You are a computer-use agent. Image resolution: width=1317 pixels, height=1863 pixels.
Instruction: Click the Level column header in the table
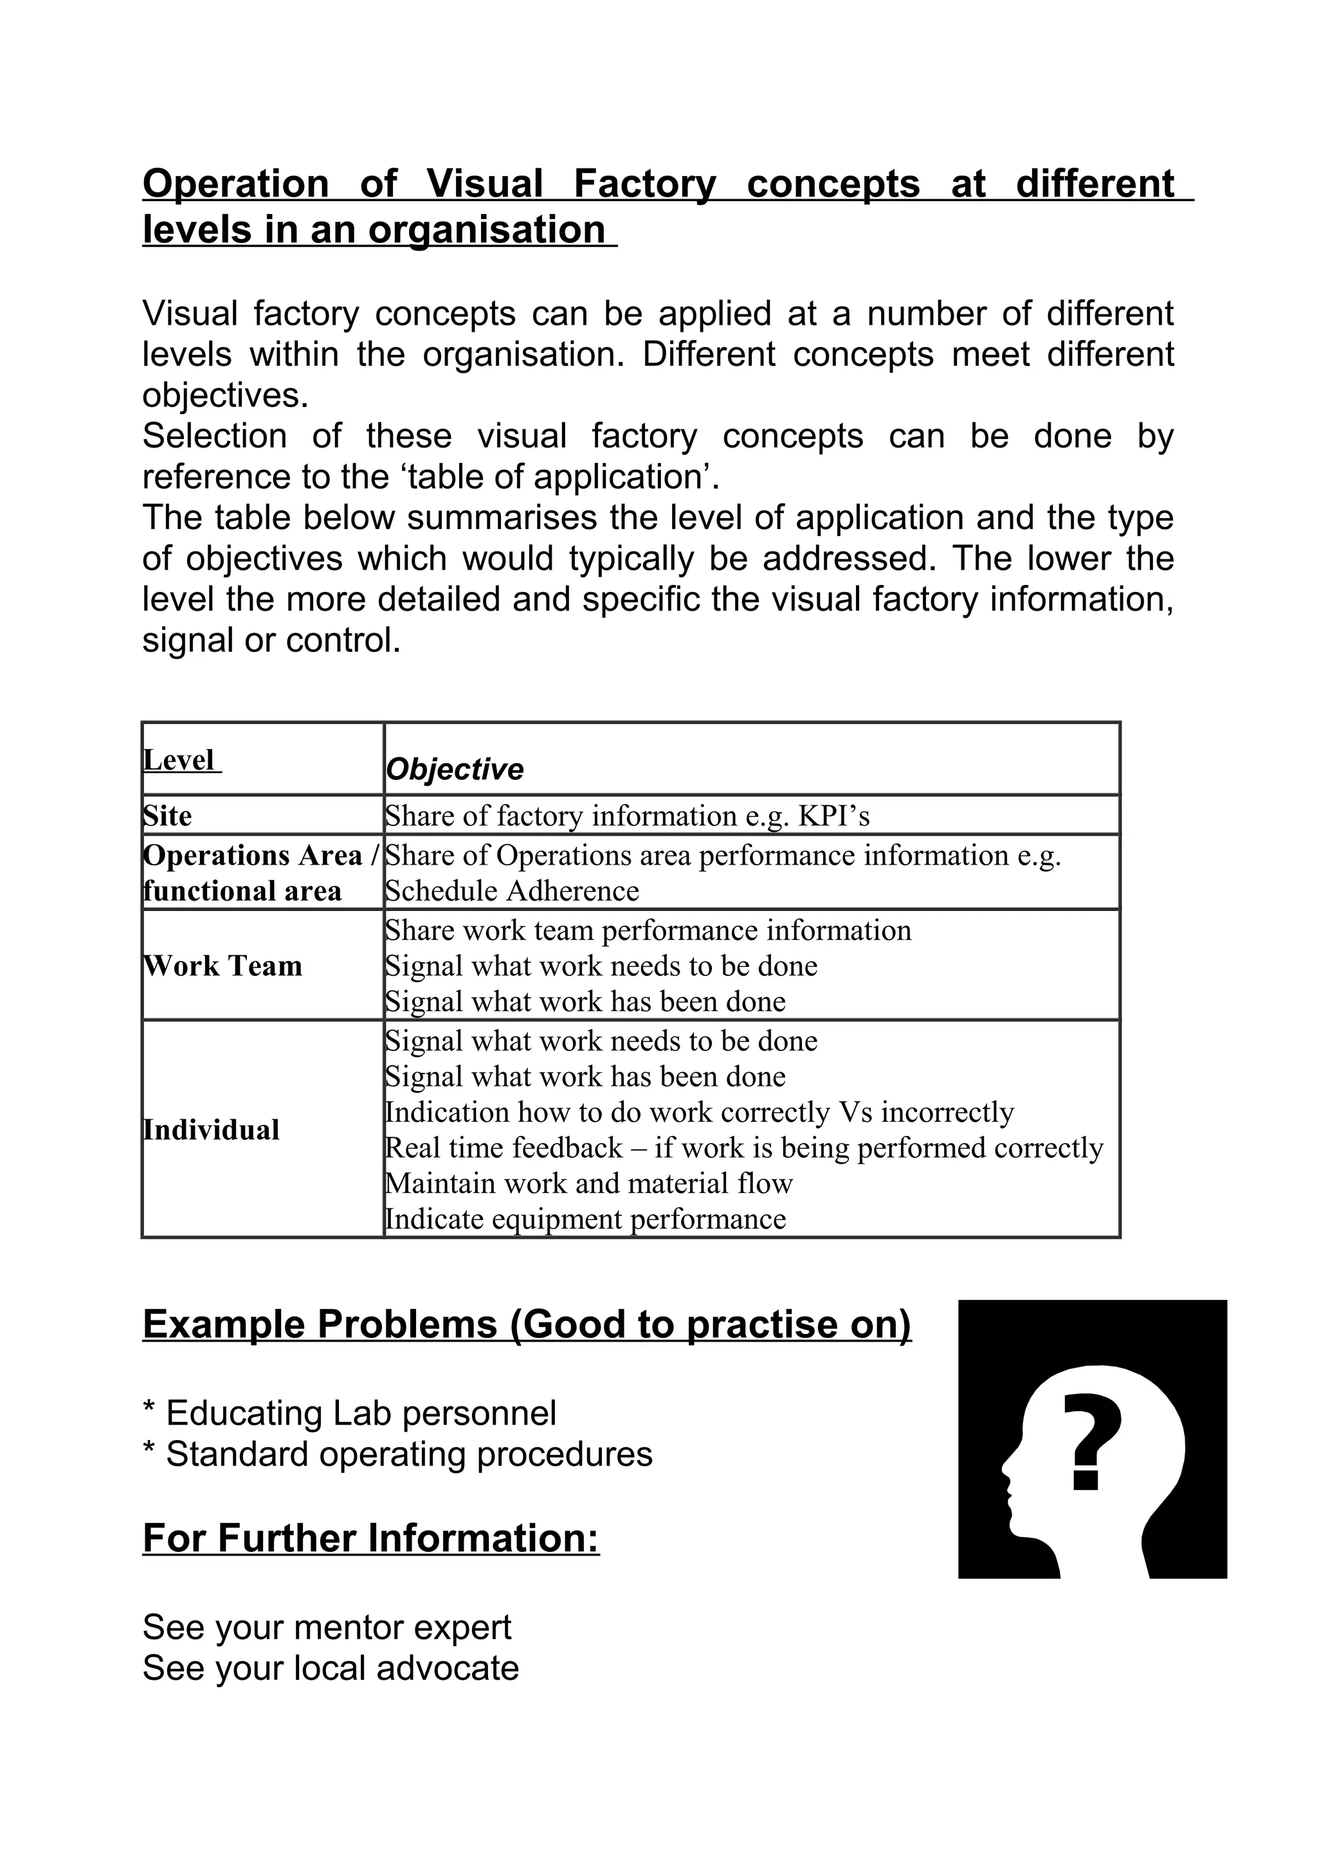pyautogui.click(x=179, y=760)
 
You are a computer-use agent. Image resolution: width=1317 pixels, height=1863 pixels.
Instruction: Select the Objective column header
pyautogui.click(x=455, y=770)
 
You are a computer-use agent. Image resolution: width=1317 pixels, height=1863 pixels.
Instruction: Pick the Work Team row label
pyautogui.click(x=223, y=966)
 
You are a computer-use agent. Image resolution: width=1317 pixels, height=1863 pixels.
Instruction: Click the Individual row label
pyautogui.click(x=211, y=1129)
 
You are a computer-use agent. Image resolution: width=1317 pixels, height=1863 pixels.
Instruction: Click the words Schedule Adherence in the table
pyautogui.click(x=512, y=891)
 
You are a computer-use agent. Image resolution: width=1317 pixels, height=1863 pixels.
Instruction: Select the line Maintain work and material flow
pyautogui.click(x=588, y=1183)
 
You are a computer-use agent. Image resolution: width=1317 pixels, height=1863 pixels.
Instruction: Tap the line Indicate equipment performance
pyautogui.click(x=585, y=1219)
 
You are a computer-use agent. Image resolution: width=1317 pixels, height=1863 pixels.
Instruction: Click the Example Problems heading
pyautogui.click(x=527, y=1324)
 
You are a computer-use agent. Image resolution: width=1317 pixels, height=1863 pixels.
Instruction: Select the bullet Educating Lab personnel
pyautogui.click(x=350, y=1412)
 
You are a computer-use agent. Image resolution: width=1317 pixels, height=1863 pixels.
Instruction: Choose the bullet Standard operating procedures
pyautogui.click(x=397, y=1453)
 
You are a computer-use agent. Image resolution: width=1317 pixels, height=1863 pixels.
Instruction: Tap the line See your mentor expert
pyautogui.click(x=327, y=1627)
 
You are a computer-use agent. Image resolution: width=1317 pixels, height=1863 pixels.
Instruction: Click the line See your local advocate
pyautogui.click(x=331, y=1668)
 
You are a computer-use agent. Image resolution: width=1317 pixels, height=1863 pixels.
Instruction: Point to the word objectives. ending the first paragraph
pyautogui.click(x=226, y=395)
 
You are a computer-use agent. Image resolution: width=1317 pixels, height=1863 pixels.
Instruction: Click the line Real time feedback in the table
pyautogui.click(x=743, y=1147)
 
